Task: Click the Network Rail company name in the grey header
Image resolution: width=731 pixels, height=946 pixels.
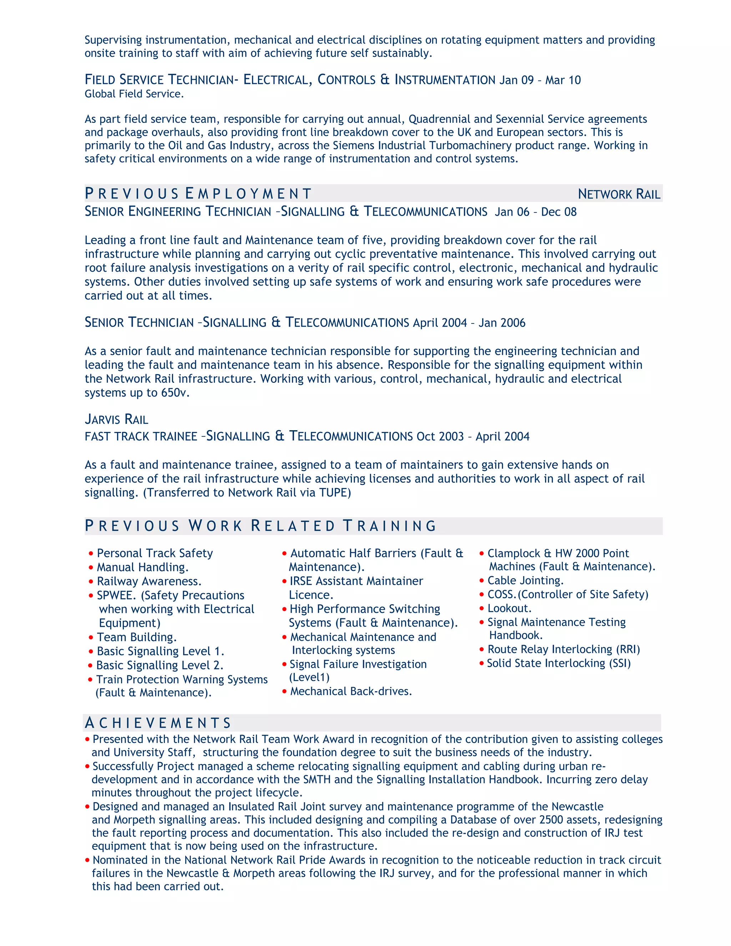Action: point(619,194)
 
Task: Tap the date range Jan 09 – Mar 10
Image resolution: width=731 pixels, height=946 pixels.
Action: point(540,80)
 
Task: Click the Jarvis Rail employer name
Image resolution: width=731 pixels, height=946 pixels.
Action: point(116,419)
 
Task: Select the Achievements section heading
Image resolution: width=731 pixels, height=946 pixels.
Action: point(158,723)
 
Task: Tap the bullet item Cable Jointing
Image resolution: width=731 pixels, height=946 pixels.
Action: point(525,580)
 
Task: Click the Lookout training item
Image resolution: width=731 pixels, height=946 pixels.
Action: point(509,608)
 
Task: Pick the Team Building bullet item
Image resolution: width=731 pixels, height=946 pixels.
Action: point(136,637)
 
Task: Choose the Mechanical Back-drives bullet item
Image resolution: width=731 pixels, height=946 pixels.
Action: point(351,691)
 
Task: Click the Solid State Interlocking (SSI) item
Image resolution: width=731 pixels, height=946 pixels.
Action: point(558,663)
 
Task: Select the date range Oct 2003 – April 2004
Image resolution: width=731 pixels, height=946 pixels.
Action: point(473,436)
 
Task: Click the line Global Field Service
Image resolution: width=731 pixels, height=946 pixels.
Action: point(134,94)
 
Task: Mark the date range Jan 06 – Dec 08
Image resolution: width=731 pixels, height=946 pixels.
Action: point(535,212)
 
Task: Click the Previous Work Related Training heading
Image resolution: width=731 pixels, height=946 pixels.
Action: point(260,526)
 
